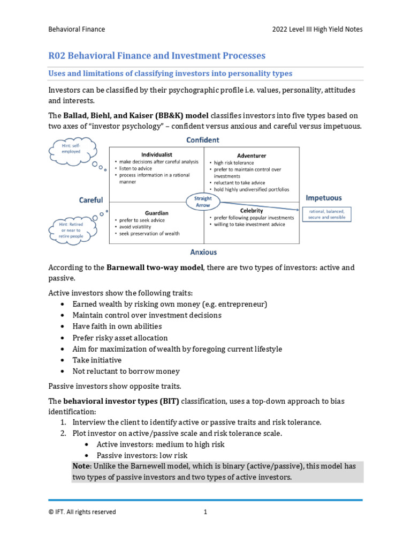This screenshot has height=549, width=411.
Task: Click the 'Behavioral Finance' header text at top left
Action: pyautogui.click(x=77, y=29)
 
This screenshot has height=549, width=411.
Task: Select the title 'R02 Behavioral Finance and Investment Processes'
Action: pyautogui.click(x=157, y=56)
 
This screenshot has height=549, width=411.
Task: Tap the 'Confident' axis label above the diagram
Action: pyautogui.click(x=202, y=140)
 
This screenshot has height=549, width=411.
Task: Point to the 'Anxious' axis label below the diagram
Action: pyautogui.click(x=203, y=251)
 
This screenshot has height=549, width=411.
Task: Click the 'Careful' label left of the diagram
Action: pyautogui.click(x=91, y=200)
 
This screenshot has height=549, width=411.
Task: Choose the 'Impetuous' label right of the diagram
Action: pyautogui.click(x=323, y=198)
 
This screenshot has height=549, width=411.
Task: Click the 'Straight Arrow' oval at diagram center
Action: pyautogui.click(x=203, y=202)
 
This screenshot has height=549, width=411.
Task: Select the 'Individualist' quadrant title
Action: pyautogui.click(x=156, y=154)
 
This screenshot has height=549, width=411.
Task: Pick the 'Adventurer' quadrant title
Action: pyautogui.click(x=252, y=155)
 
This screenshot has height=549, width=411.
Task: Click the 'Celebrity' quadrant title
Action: pyautogui.click(x=252, y=211)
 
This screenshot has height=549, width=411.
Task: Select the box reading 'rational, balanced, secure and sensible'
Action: pyautogui.click(x=326, y=214)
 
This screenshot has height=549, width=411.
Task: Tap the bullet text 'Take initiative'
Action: pyautogui.click(x=97, y=360)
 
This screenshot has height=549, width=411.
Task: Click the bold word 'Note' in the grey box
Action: pyautogui.click(x=82, y=466)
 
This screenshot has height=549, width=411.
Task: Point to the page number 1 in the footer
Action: pyautogui.click(x=205, y=512)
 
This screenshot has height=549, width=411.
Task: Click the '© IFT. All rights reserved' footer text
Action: pyautogui.click(x=82, y=512)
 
